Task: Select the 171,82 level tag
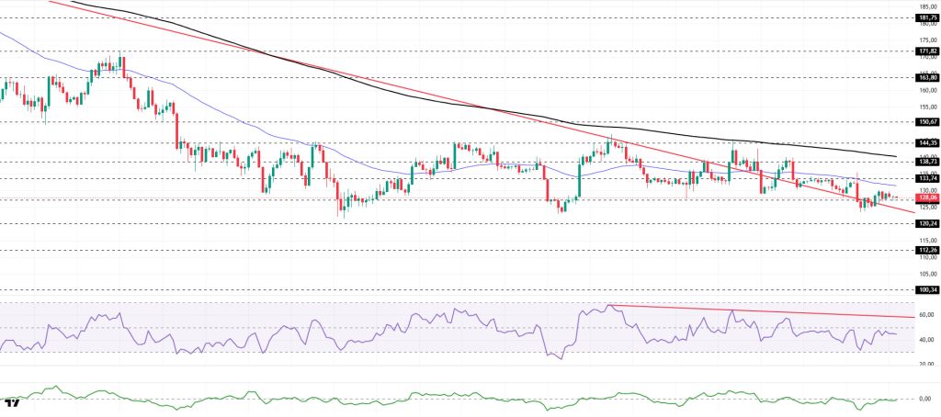click(926, 51)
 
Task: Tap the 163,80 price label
click(926, 78)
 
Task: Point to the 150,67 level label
click(926, 121)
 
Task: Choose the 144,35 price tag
click(926, 142)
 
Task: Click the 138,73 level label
click(926, 161)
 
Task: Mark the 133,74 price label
click(926, 178)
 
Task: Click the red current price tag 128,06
click(926, 197)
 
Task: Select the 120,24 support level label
click(926, 223)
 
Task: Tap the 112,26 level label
click(926, 250)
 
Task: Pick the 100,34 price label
click(926, 289)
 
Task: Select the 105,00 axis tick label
click(926, 275)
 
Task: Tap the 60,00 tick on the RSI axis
click(926, 315)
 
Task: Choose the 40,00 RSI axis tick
click(926, 340)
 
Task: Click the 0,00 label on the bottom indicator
click(926, 399)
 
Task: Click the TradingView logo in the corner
click(12, 403)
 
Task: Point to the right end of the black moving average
click(896, 156)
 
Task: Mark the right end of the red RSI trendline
click(915, 316)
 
